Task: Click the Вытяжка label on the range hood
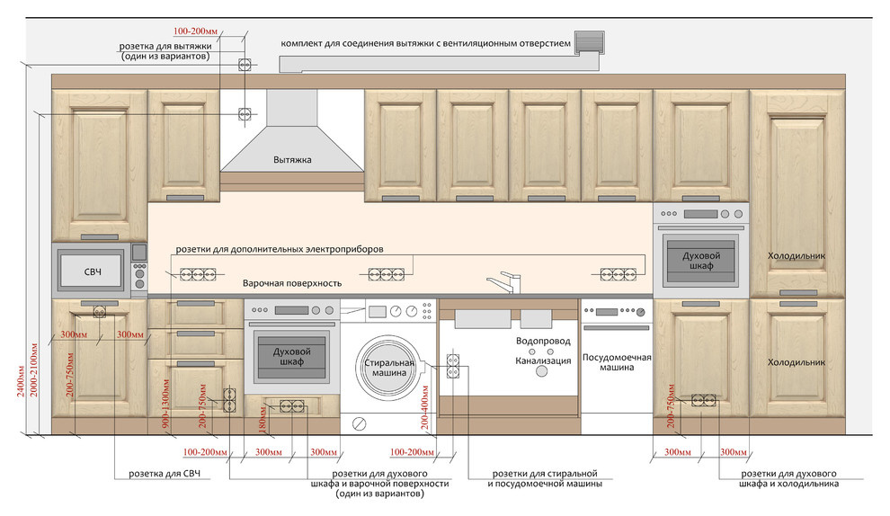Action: pyautogui.click(x=292, y=160)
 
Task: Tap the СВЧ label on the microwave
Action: pyautogui.click(x=93, y=271)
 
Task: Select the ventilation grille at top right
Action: pyautogui.click(x=589, y=42)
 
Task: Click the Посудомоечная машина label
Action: pyautogui.click(x=617, y=361)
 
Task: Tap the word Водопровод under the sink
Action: pyautogui.click(x=544, y=343)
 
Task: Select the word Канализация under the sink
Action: pyautogui.click(x=543, y=360)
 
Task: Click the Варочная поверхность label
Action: pyautogui.click(x=292, y=282)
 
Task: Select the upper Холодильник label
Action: pyautogui.click(x=796, y=256)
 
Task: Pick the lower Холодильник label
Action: pyautogui.click(x=796, y=361)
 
